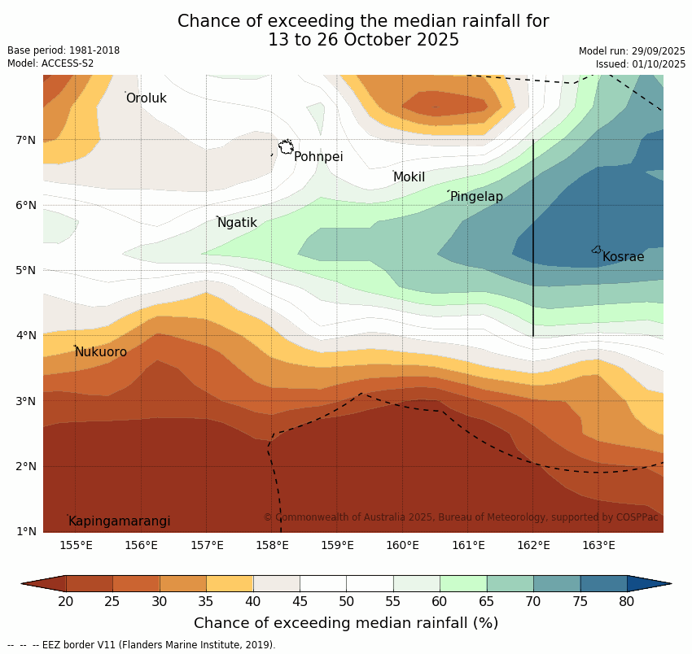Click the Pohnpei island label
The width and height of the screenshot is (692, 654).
(x=318, y=157)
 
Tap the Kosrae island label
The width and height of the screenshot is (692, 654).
(x=623, y=257)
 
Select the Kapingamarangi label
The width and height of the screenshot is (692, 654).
(x=120, y=521)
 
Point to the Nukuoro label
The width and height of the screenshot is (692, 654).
(x=101, y=352)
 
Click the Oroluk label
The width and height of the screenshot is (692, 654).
(x=147, y=98)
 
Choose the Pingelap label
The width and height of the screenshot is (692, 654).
(x=476, y=197)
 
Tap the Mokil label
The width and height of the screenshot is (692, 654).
(x=409, y=177)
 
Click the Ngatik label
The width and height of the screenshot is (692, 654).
(x=237, y=223)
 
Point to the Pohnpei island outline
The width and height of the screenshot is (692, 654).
(x=286, y=147)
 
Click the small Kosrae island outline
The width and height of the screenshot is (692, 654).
(x=597, y=250)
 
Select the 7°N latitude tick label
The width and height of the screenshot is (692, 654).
(x=26, y=140)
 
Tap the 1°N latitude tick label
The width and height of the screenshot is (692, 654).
(x=26, y=531)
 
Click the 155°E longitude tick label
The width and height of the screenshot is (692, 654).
(x=76, y=545)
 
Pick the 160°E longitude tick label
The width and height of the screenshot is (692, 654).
(x=402, y=545)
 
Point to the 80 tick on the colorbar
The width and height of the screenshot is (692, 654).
(x=626, y=602)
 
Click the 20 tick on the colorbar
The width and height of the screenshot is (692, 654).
(x=66, y=602)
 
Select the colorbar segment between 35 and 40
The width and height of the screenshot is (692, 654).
(x=230, y=583)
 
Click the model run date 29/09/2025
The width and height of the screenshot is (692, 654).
(x=658, y=51)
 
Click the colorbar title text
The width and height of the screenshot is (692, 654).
(x=346, y=623)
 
